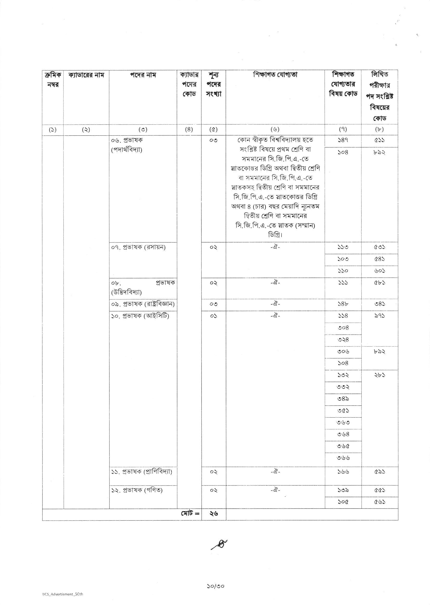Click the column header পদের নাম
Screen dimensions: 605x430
coord(143,75)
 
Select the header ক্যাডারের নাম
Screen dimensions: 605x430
coord(86,75)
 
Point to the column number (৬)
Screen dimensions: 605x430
coord(275,129)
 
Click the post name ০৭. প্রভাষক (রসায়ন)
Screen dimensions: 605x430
coord(138,247)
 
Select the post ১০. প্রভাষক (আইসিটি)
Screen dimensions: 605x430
coord(140,316)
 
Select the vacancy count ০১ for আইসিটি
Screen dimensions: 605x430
coord(213,316)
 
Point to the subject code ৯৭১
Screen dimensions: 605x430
coord(379,316)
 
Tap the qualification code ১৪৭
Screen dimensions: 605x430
coord(343,140)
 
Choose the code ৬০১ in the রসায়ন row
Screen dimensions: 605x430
coord(379,271)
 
